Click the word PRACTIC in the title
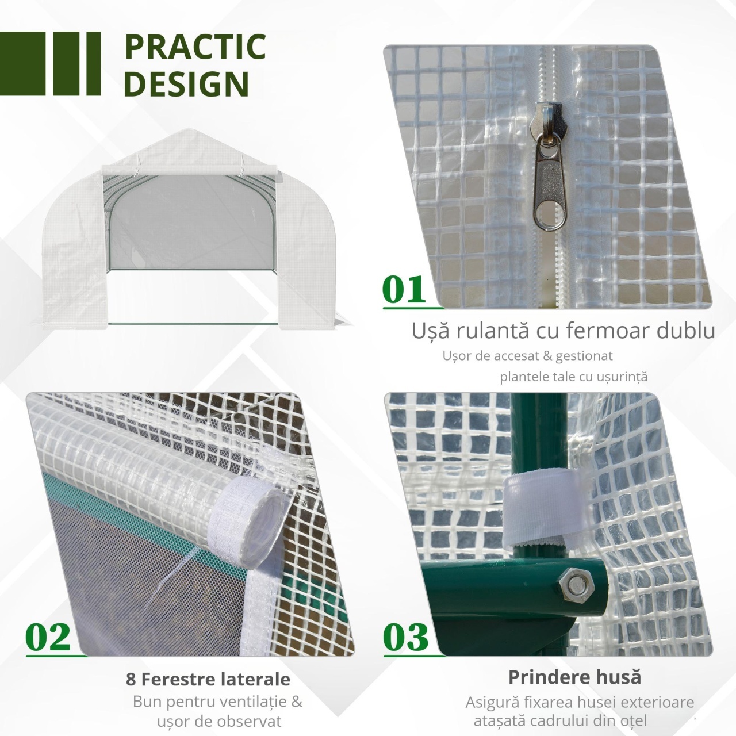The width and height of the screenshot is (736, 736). point(195,47)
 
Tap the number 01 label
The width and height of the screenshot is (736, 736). point(404,289)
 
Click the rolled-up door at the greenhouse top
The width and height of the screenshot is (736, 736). point(189,170)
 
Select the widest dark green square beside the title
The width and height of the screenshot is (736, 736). point(22,63)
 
